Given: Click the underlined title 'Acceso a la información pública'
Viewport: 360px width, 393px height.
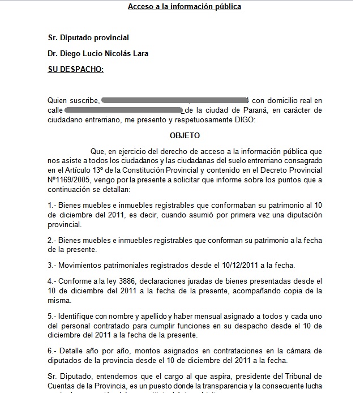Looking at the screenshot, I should click(184, 7).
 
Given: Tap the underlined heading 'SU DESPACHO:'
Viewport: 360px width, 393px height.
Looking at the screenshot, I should click(75, 69).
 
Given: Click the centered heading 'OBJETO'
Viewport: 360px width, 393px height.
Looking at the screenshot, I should click(185, 136).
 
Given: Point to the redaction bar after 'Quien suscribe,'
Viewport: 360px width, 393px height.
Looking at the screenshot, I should click(175, 100).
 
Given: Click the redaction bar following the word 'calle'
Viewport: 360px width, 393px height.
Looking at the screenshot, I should click(123, 110).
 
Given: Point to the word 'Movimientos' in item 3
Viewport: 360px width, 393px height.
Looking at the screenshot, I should click(81, 265).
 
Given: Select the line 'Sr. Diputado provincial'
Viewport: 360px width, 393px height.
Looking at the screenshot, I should click(88, 38).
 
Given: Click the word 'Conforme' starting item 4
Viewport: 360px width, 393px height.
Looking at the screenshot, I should click(75, 281).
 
